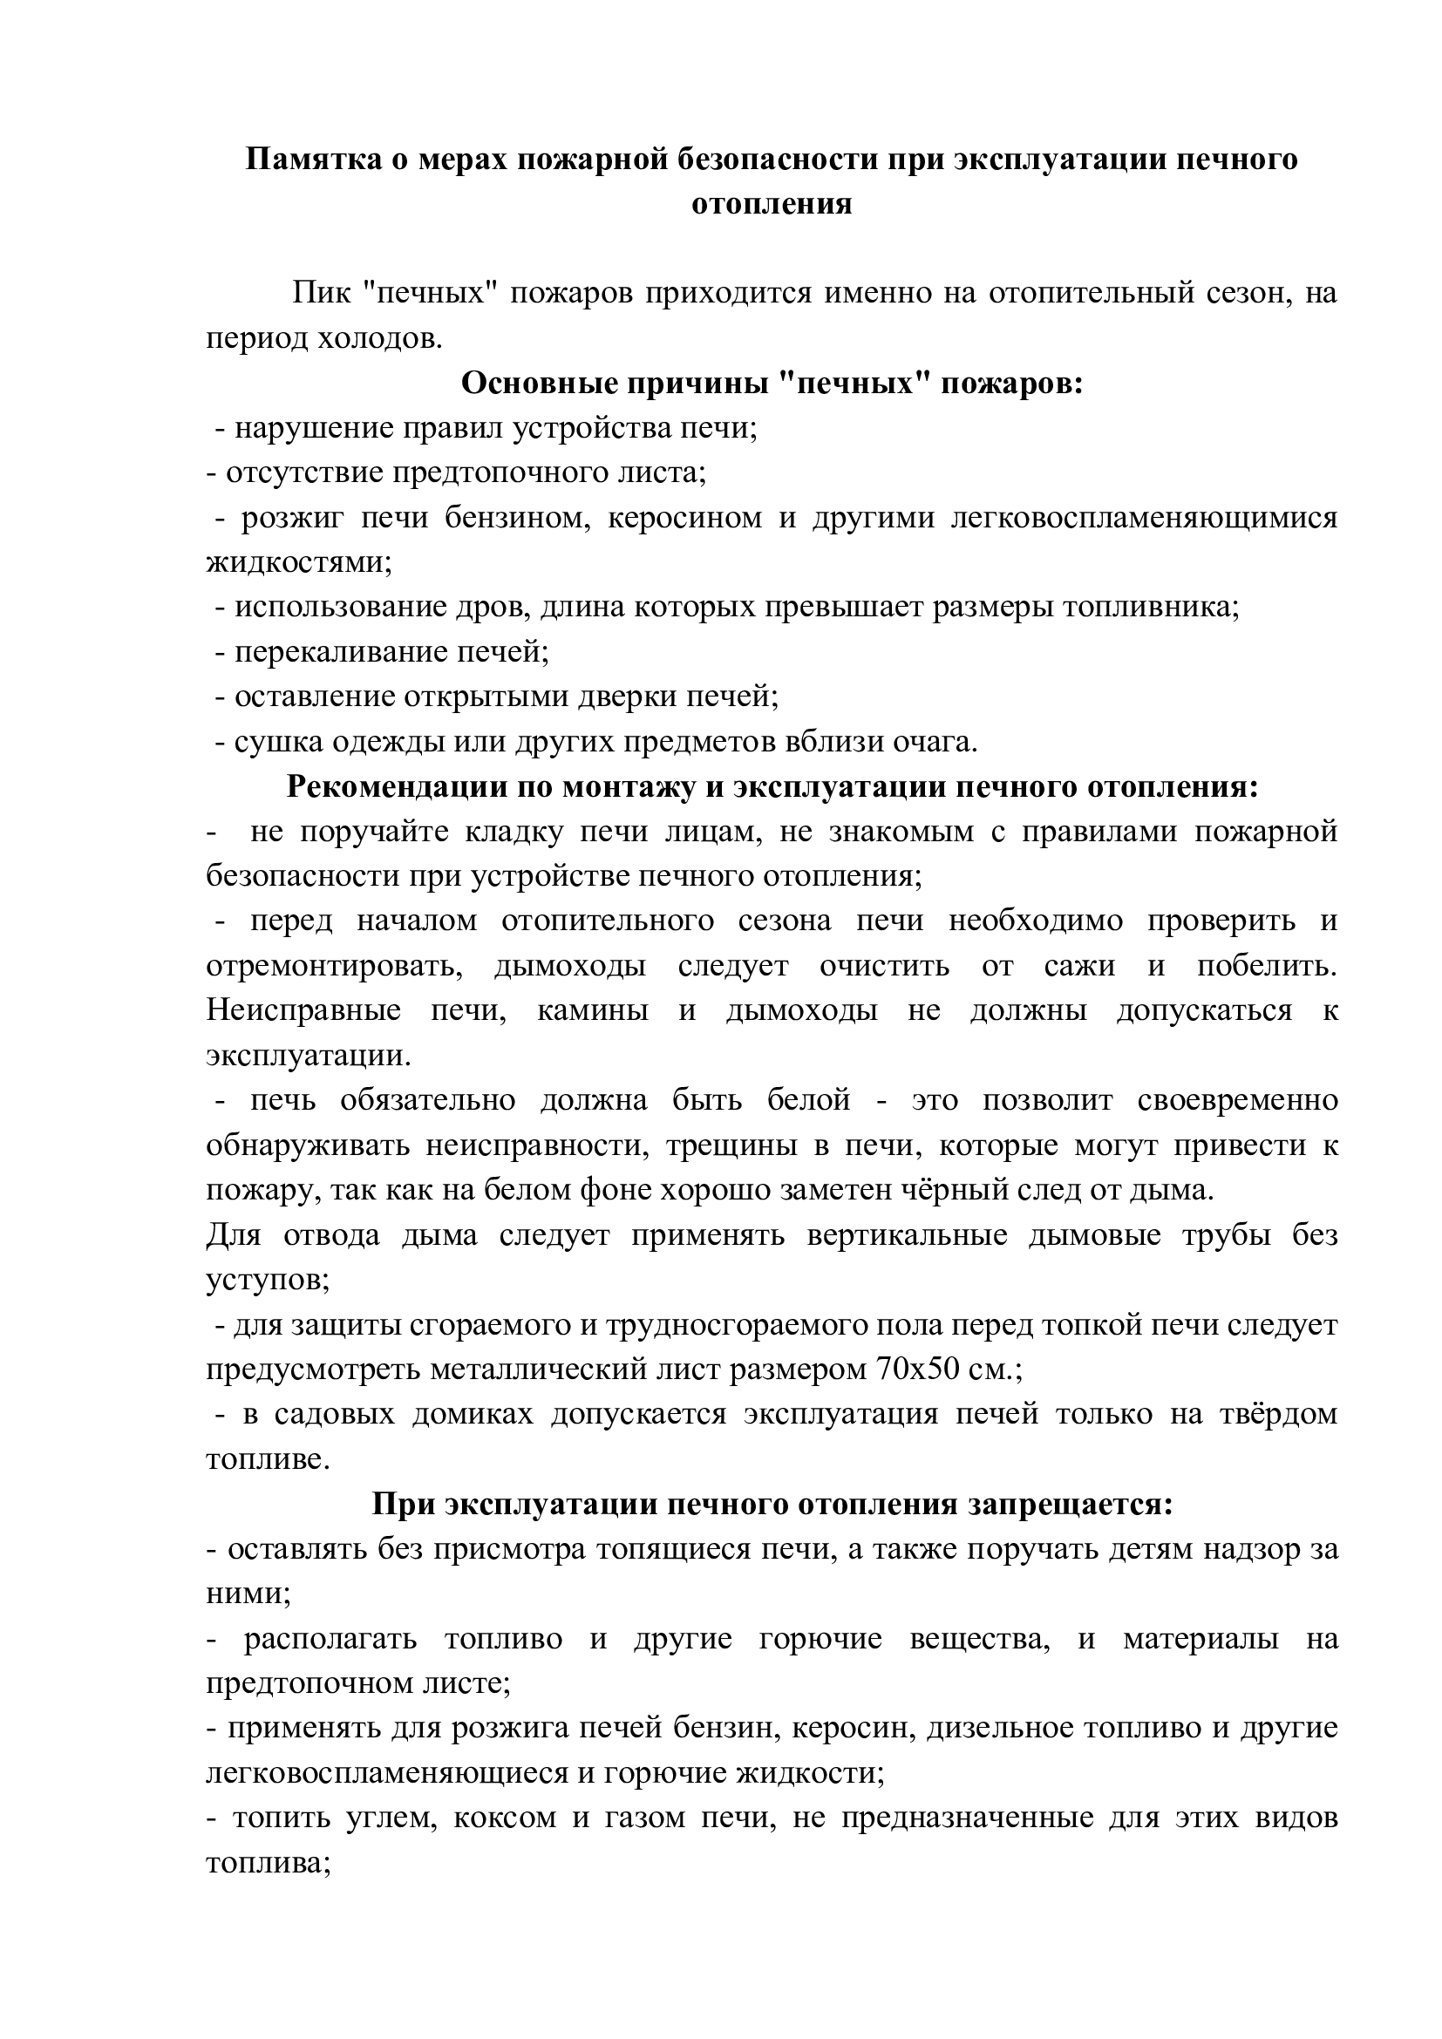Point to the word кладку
tap(513, 833)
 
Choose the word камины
tap(593, 1011)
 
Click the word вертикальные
tap(907, 1236)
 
